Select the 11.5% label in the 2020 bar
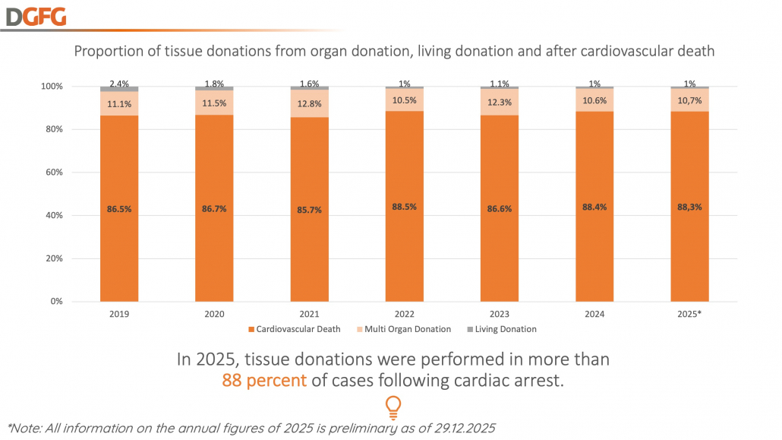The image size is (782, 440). (214, 103)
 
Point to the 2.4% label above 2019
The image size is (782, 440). (119, 84)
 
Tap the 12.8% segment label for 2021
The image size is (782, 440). (309, 104)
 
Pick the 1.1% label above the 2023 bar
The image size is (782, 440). (500, 84)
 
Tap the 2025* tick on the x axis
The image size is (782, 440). (689, 312)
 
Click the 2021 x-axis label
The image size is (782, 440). (309, 312)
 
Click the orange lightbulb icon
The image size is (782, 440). (393, 407)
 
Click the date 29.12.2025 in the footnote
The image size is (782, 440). (459, 429)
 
